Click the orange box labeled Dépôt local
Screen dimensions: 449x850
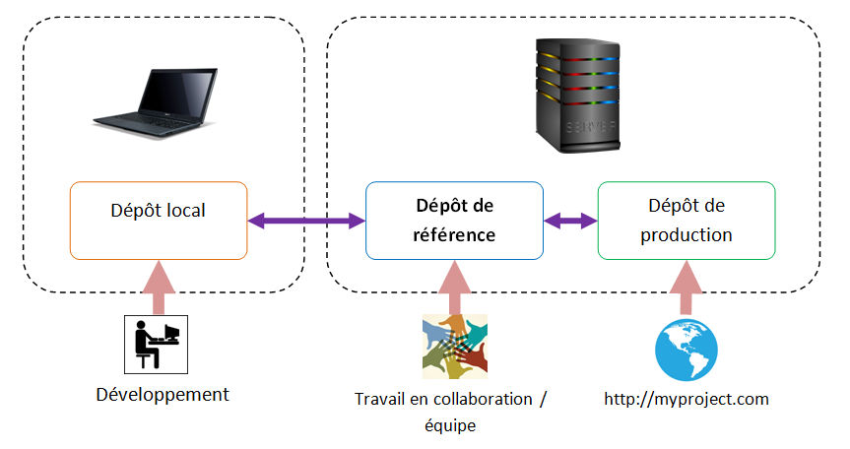point(159,221)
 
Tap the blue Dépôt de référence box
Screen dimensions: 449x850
point(453,221)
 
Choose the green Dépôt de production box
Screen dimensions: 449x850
point(686,221)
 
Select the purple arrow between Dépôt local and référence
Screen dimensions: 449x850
point(305,222)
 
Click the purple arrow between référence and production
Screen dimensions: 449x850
point(570,222)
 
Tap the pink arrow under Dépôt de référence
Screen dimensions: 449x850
point(454,286)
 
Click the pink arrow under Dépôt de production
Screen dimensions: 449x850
point(687,286)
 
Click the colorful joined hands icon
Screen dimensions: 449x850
point(454,346)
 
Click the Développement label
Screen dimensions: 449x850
point(163,395)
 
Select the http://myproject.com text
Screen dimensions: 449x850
point(686,399)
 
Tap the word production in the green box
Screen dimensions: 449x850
point(686,235)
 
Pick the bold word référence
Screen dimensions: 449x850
point(453,236)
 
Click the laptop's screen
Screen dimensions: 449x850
point(177,91)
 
